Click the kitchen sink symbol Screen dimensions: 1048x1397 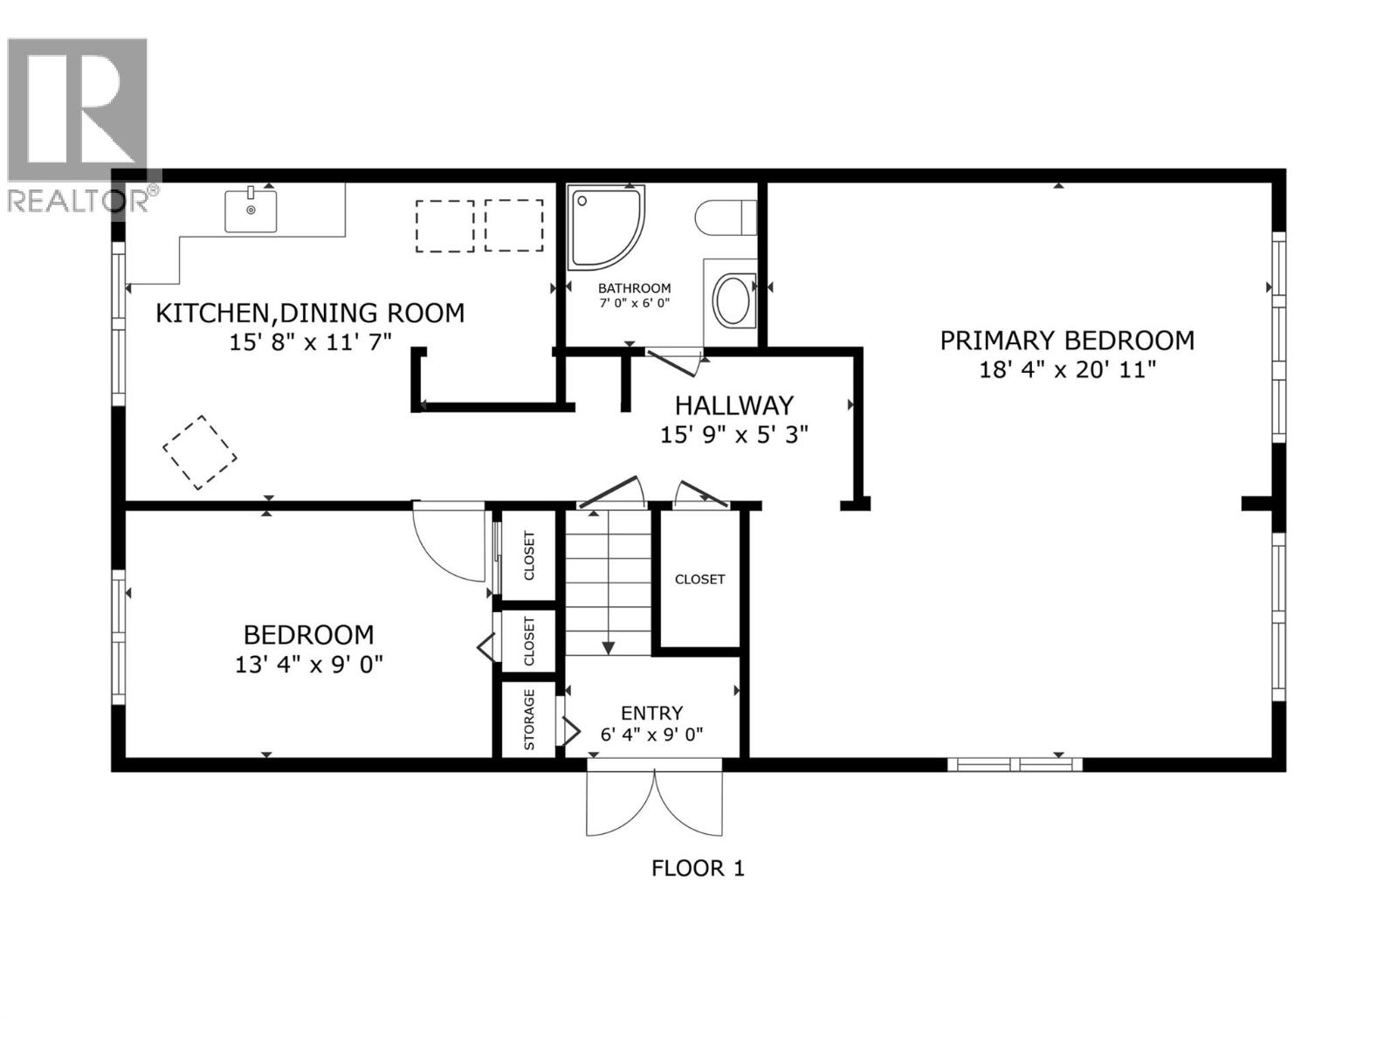(251, 210)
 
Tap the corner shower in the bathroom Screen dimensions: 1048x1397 (604, 226)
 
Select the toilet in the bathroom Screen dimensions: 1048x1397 (726, 217)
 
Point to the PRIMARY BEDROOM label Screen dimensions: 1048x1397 (1067, 341)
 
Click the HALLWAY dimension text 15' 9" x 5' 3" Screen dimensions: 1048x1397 (733, 434)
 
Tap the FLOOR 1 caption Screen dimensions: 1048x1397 (698, 868)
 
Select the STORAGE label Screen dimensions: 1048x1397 (529, 720)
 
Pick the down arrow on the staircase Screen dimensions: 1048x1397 (609, 647)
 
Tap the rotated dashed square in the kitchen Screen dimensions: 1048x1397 (200, 452)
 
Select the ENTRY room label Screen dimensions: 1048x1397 (651, 713)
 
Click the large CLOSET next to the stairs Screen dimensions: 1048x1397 (699, 579)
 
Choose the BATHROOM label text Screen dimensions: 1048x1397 (634, 288)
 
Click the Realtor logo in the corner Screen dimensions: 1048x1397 (79, 122)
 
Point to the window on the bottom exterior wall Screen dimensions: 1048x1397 (1015, 764)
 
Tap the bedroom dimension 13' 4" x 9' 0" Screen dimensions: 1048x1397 (308, 665)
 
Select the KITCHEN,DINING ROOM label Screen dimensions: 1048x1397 (310, 313)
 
